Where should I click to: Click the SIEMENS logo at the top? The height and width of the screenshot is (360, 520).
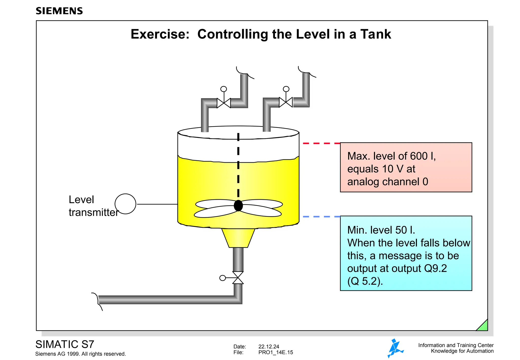(x=59, y=11)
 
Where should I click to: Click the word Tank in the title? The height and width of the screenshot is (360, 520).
(x=376, y=34)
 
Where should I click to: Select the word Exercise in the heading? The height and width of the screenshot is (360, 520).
(x=160, y=34)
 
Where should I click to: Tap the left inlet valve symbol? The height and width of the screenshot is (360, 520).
(x=224, y=103)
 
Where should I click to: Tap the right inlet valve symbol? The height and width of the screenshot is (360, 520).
(x=286, y=102)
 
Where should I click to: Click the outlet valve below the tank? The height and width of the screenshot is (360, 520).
(x=238, y=278)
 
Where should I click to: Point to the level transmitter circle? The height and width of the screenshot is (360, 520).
(x=125, y=204)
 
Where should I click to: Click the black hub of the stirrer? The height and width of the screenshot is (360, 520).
(x=238, y=206)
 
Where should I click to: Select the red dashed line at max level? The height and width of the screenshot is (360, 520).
(x=321, y=143)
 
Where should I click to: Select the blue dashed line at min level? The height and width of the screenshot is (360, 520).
(x=321, y=217)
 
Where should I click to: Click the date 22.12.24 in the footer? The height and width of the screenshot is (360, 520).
(x=269, y=347)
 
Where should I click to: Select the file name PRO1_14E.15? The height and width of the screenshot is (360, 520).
(x=275, y=352)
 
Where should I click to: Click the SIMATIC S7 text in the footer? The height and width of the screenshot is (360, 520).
(x=65, y=344)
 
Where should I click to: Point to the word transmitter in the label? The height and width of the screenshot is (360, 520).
(x=93, y=212)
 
